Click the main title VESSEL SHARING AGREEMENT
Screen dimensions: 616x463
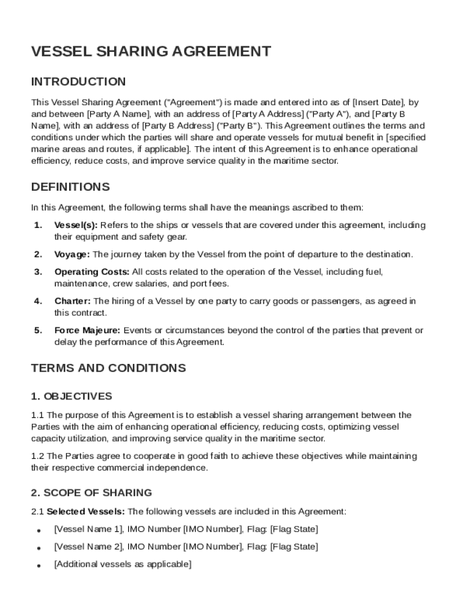(151, 52)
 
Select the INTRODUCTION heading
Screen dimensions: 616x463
(78, 82)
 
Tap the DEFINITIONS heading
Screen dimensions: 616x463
(70, 186)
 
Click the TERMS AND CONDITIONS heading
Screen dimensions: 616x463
(108, 368)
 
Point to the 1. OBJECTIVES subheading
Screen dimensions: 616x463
(72, 396)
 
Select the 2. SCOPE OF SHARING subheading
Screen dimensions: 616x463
(91, 493)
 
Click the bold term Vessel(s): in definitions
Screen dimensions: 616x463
(76, 225)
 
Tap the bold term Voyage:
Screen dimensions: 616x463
(72, 254)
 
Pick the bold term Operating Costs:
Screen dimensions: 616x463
(92, 272)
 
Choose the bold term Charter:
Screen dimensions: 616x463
(73, 301)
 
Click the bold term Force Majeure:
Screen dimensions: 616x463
(88, 330)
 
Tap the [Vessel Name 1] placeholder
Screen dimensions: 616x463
(88, 529)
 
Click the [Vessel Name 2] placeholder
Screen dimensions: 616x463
(88, 547)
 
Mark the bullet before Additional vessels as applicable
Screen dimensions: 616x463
(38, 566)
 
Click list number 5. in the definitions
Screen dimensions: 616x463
(38, 330)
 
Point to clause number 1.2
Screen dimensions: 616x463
(38, 456)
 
